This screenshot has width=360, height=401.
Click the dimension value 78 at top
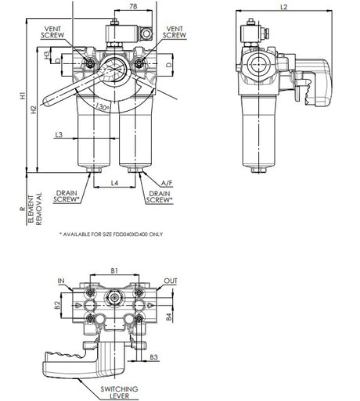click(133, 7)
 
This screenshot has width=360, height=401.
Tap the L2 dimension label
click(283, 8)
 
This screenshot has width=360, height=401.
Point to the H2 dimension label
click(33, 109)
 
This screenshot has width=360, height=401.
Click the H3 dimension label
click(48, 55)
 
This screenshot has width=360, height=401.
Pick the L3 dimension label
click(59, 135)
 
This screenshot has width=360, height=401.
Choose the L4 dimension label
click(115, 182)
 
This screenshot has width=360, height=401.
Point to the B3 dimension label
click(153, 356)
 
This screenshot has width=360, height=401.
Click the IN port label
click(61, 280)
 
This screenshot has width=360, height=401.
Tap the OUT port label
click(171, 280)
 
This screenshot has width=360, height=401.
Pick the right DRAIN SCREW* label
click(160, 196)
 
